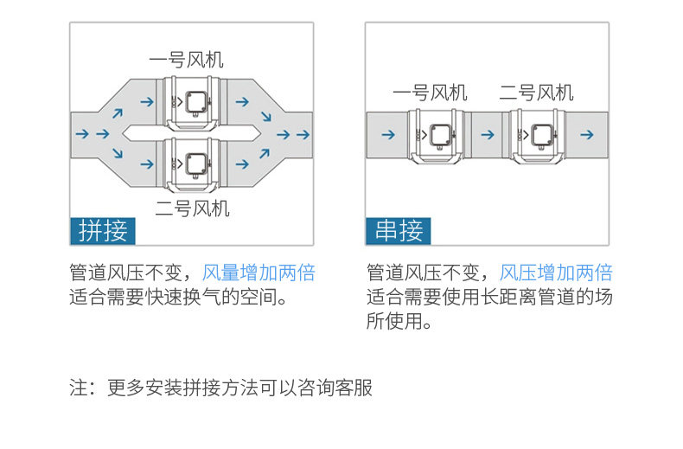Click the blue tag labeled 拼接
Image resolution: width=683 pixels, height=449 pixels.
(103, 230)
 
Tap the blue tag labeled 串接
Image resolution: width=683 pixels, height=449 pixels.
(399, 230)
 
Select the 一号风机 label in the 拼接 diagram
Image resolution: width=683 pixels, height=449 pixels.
(186, 60)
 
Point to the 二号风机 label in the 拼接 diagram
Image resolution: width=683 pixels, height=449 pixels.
(193, 208)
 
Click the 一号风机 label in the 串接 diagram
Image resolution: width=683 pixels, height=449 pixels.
(430, 93)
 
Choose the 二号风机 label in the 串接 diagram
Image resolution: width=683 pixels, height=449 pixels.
(536, 93)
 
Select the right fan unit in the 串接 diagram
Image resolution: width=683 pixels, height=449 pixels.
(540, 135)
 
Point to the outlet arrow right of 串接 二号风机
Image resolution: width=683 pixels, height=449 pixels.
(587, 135)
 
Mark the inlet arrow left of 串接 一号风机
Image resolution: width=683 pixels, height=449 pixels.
(386, 135)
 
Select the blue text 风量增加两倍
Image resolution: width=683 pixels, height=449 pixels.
(259, 273)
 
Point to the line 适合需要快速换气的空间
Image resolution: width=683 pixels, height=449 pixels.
(178, 298)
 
